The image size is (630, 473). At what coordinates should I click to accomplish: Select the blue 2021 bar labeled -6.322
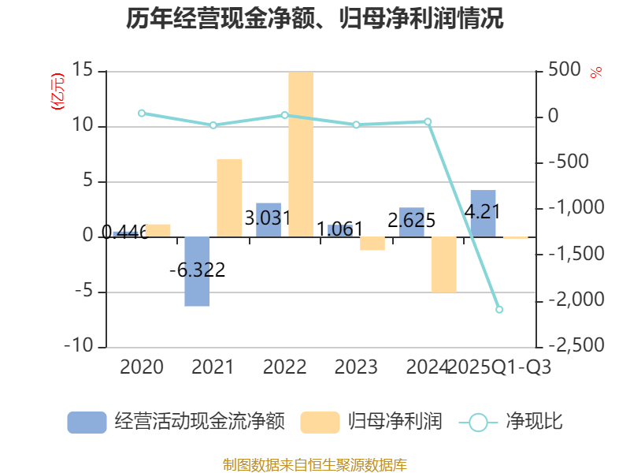198,271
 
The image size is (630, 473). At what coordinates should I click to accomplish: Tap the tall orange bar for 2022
300,154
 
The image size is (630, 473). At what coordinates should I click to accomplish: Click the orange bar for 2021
229,197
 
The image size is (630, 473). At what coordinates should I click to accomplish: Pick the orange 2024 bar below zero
443,264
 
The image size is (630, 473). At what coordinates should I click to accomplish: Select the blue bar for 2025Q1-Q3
483,213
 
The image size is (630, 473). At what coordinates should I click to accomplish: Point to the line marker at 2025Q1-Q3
499,309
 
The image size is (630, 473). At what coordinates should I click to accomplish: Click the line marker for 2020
142,113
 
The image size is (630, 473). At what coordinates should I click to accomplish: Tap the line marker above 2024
428,121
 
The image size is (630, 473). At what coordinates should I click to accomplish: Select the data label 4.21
484,211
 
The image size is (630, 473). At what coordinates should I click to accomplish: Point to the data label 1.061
339,229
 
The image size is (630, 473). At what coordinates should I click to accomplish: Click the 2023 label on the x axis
356,367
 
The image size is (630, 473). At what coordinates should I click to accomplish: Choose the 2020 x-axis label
142,367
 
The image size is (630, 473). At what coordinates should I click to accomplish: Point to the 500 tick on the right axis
565,71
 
